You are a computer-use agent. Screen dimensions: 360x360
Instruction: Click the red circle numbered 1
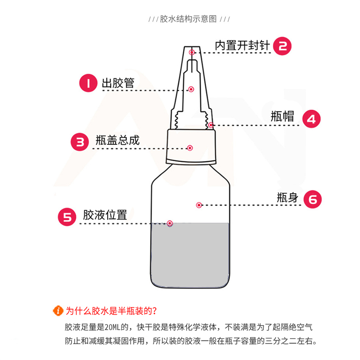88,83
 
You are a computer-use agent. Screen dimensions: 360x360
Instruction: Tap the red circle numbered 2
282,46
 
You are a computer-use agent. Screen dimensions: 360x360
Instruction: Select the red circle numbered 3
80,142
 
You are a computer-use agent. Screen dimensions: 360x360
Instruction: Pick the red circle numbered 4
311,119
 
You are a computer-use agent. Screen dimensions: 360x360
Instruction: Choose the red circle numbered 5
67,217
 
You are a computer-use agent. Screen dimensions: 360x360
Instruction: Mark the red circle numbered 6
313,199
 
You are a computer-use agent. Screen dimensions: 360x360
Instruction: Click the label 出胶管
118,83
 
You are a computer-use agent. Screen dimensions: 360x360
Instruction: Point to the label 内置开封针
242,45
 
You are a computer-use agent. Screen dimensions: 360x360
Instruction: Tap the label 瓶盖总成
118,140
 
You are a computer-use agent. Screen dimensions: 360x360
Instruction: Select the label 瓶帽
282,116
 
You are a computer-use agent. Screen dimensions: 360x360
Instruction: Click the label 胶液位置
105,215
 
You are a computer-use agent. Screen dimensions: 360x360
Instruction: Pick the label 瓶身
288,197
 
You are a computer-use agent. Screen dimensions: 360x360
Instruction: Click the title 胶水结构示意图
188,19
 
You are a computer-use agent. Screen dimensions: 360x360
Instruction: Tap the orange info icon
58,311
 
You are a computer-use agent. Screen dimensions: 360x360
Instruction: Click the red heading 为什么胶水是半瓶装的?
111,311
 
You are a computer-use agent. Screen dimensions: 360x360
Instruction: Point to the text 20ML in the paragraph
113,327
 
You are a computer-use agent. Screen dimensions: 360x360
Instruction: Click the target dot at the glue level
170,223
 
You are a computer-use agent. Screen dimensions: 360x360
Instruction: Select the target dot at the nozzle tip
192,53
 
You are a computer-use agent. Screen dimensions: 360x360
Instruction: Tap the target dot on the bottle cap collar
190,148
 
